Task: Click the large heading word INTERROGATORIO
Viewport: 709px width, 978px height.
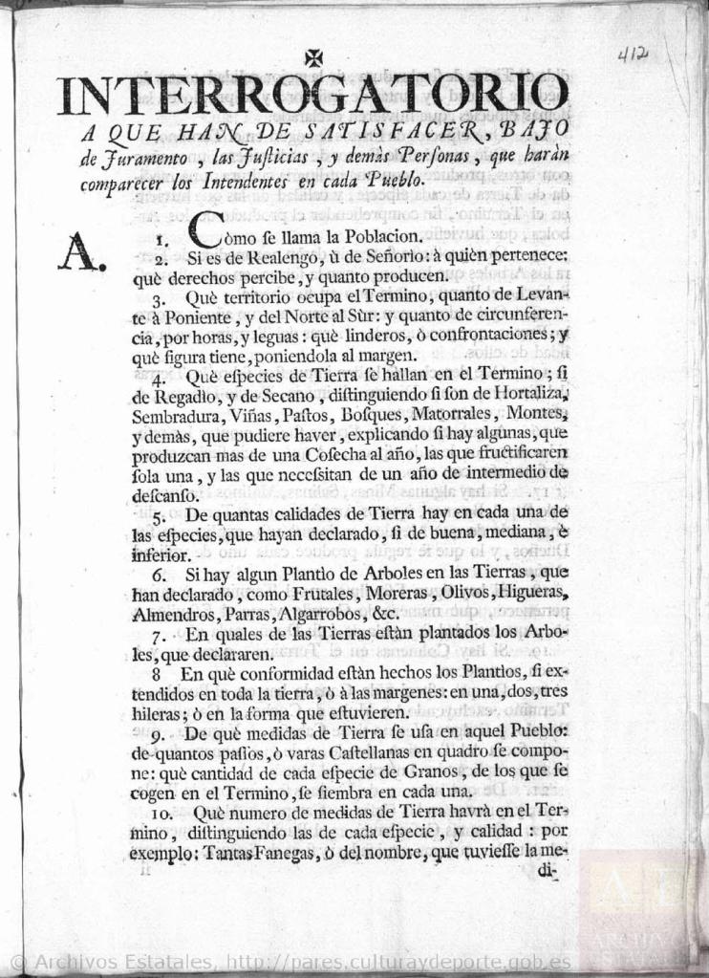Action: point(312,95)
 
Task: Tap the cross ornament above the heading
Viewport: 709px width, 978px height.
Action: point(312,58)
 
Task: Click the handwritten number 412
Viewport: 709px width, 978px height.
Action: point(632,55)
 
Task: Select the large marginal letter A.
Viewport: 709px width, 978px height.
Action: point(80,252)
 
